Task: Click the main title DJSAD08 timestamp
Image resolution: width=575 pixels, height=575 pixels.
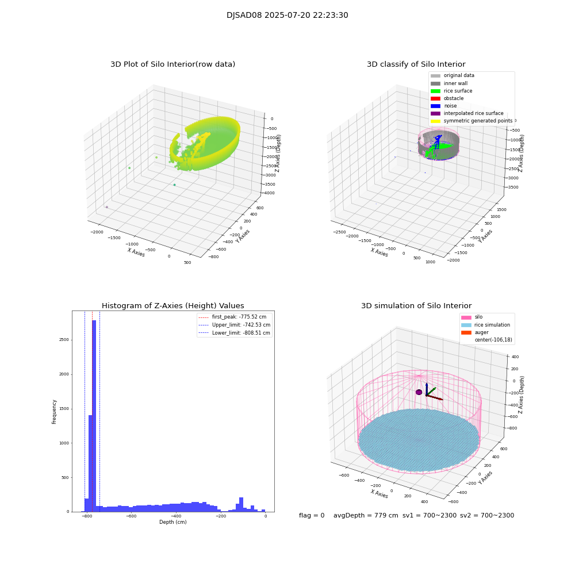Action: [287, 16]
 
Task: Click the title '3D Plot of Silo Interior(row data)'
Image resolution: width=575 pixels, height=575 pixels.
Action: [172, 64]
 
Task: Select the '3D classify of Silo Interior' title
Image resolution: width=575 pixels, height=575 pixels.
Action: [416, 64]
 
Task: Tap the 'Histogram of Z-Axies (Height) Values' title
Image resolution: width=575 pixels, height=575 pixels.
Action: [172, 306]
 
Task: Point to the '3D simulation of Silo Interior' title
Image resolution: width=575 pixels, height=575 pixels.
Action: [416, 306]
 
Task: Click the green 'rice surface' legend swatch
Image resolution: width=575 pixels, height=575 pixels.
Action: [435, 91]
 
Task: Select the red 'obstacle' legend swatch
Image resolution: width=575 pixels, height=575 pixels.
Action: [435, 98]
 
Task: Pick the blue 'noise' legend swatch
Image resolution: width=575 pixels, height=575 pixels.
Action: [435, 106]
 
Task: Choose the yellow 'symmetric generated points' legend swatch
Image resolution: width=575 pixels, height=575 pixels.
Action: [435, 121]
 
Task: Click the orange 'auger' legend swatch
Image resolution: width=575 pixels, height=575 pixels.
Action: [466, 332]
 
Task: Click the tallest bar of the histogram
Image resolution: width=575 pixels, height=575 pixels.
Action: [94, 414]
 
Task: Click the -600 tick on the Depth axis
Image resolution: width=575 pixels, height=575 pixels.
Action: [131, 516]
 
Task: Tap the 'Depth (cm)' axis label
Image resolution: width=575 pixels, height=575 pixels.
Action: [172, 522]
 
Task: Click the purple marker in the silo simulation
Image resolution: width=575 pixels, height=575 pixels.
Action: [419, 392]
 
